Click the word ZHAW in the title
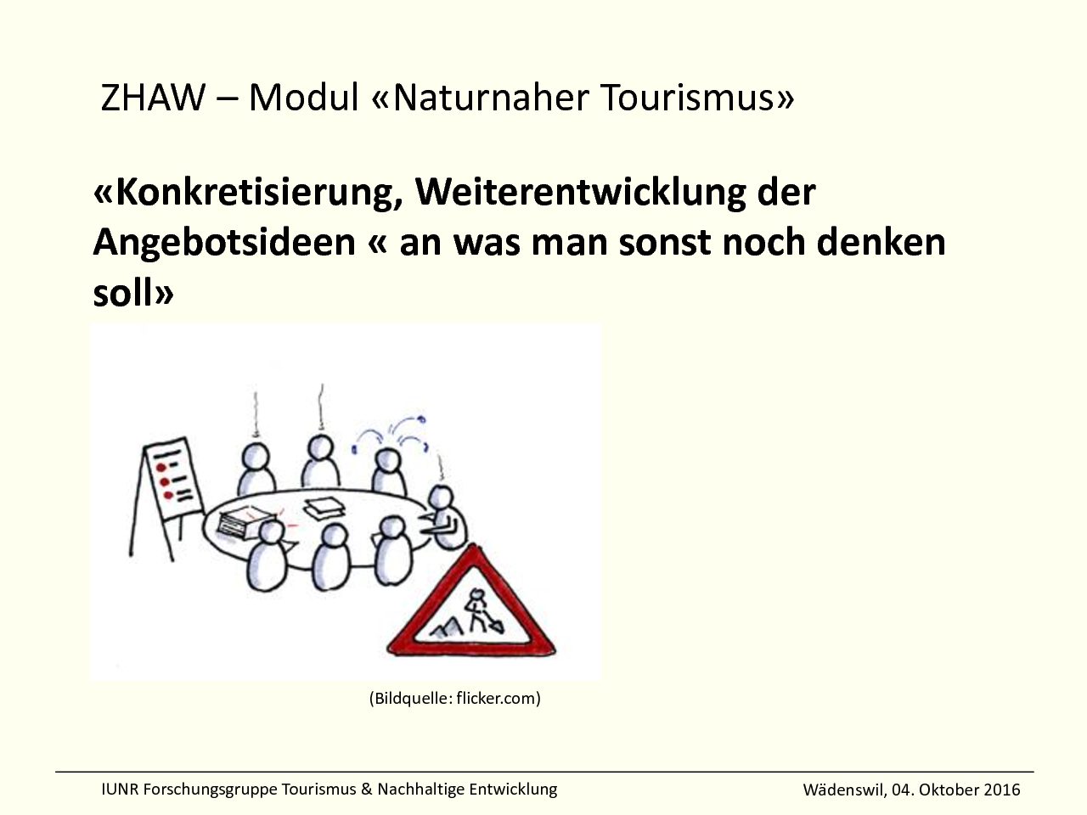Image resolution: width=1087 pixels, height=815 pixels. coord(153,98)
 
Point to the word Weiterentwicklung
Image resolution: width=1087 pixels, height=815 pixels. coord(580,194)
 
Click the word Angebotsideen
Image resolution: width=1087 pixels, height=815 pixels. coord(224,243)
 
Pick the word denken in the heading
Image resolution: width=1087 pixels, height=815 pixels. coord(881,242)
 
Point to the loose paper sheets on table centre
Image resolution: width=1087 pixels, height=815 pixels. coord(324,509)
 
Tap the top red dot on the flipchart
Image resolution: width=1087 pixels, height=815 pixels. coord(161,467)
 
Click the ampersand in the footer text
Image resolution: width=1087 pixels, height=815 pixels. coord(367,790)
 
